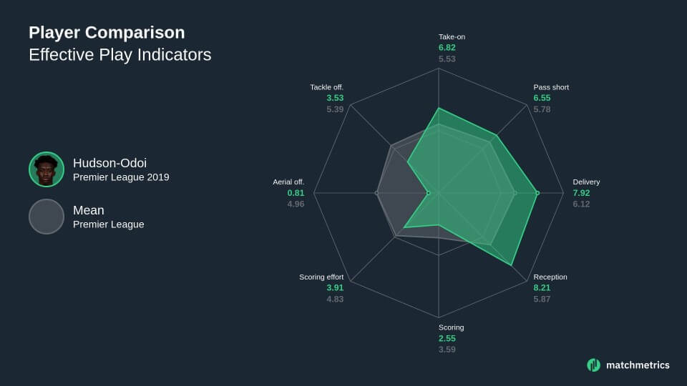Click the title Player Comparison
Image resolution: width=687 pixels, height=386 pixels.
107,33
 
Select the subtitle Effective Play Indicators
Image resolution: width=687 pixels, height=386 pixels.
120,55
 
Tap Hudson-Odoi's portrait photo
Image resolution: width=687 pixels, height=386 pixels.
47,169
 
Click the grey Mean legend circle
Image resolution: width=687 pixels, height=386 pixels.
47,217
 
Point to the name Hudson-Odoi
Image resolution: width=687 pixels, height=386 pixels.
109,163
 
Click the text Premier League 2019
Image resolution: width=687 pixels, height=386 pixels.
121,177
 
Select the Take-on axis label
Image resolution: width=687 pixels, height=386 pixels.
452,36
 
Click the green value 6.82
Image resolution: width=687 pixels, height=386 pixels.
447,48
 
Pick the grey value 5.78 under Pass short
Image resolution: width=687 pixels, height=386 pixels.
542,109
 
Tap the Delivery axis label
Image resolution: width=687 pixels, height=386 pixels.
586,182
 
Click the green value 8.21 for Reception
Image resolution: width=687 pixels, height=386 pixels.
542,288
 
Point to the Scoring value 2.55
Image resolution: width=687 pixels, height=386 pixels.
447,339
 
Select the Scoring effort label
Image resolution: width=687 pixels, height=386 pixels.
321,277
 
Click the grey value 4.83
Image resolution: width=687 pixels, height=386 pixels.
335,300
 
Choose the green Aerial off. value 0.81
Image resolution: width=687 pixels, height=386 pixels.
296,193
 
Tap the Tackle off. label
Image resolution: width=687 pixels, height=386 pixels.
327,87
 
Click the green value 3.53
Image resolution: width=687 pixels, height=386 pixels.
335,98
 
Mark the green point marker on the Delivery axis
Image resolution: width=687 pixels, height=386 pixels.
537,193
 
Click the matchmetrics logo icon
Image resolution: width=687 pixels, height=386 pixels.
594,365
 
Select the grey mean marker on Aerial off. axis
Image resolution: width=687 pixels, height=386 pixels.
376,193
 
